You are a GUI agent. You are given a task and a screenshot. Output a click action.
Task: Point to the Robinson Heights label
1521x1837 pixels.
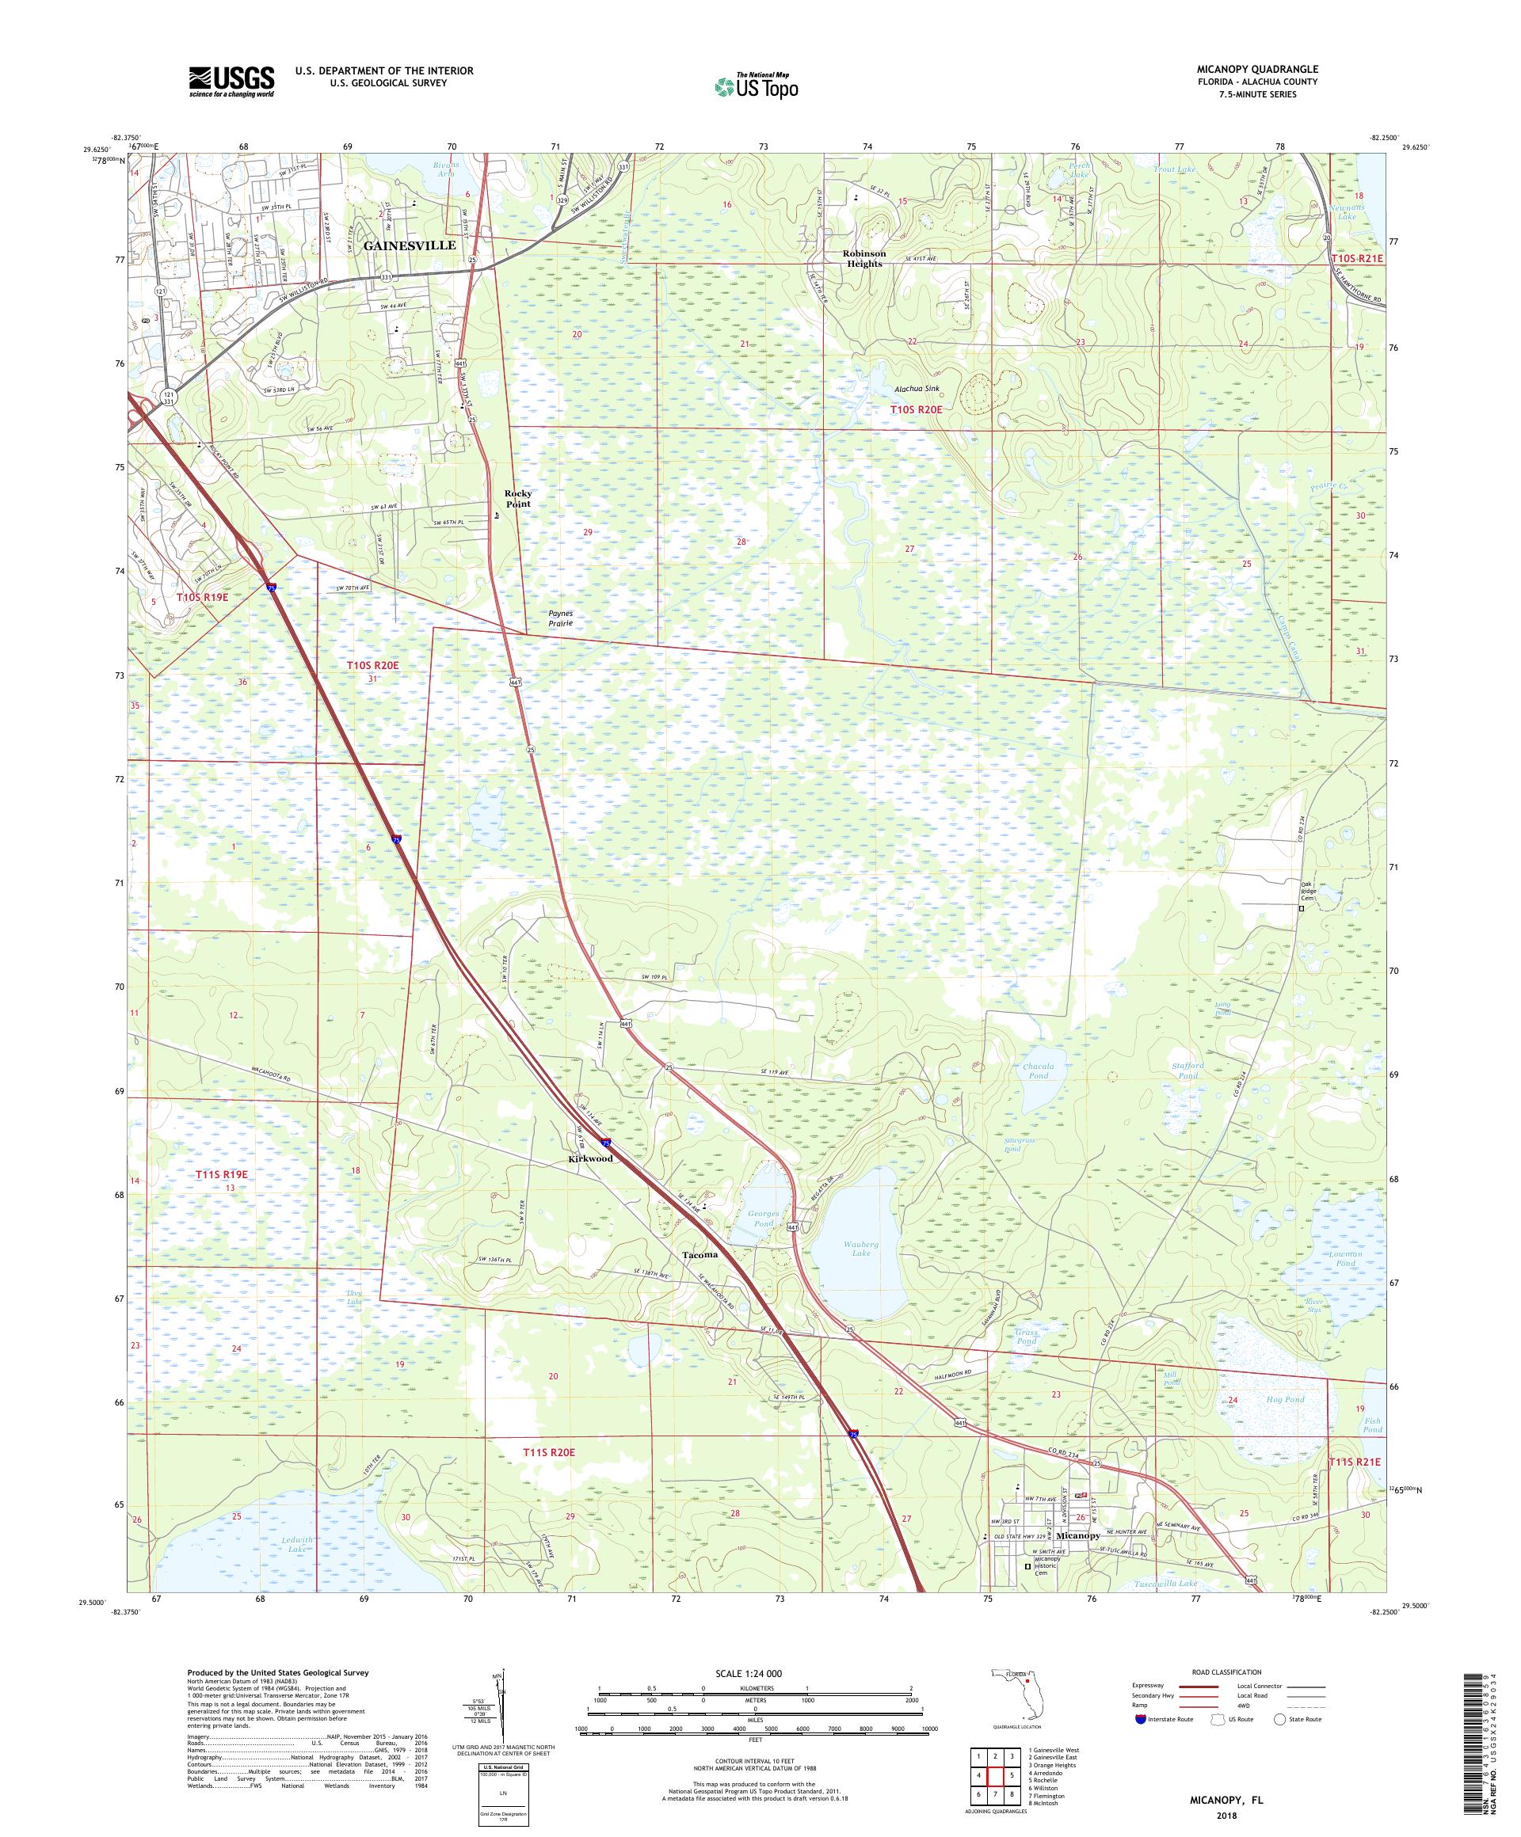[863, 259]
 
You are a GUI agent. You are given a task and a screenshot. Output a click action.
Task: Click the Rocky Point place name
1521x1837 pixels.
[517, 499]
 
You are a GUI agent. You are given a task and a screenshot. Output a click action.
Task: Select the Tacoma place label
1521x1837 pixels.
[700, 1254]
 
